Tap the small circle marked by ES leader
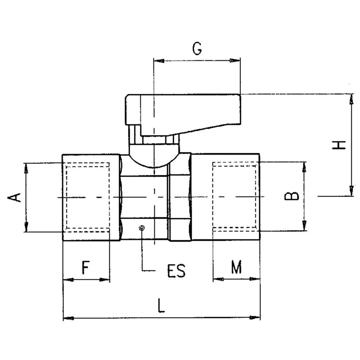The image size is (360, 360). (142, 228)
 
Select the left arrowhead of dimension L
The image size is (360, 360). (67, 318)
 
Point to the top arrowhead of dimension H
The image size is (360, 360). (350, 98)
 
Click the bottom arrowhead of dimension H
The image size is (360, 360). (350, 193)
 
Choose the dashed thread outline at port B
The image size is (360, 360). (234, 197)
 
